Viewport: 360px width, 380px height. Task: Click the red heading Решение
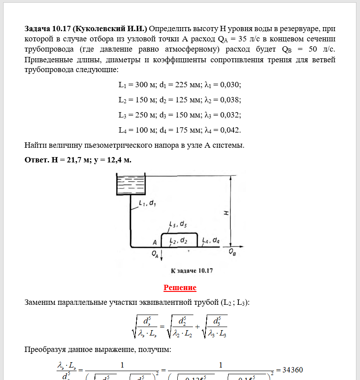click(180, 287)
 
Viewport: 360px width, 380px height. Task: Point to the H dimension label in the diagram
click(226, 212)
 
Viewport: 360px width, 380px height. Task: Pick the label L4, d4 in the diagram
click(210, 240)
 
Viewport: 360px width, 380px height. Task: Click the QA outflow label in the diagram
click(155, 255)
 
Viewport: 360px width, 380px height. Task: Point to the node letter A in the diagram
click(155, 243)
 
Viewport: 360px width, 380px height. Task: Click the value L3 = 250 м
click(135, 115)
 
